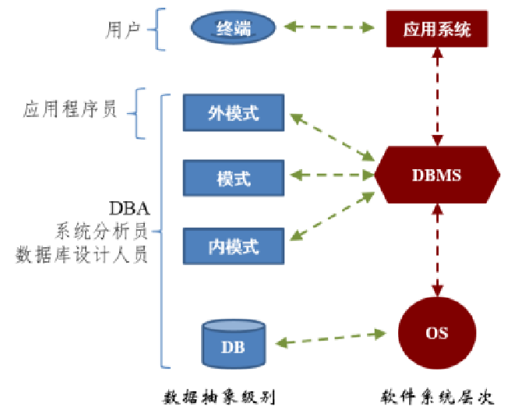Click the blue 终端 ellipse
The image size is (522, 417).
(234, 30)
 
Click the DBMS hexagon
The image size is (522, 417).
(436, 175)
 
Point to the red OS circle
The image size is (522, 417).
(436, 332)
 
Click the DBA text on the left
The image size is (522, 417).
(129, 210)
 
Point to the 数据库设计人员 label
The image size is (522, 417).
(82, 255)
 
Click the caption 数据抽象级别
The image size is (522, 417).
(220, 396)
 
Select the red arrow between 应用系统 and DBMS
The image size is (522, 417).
(436, 95)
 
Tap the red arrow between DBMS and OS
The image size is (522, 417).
(436, 253)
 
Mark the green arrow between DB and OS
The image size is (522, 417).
(330, 338)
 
